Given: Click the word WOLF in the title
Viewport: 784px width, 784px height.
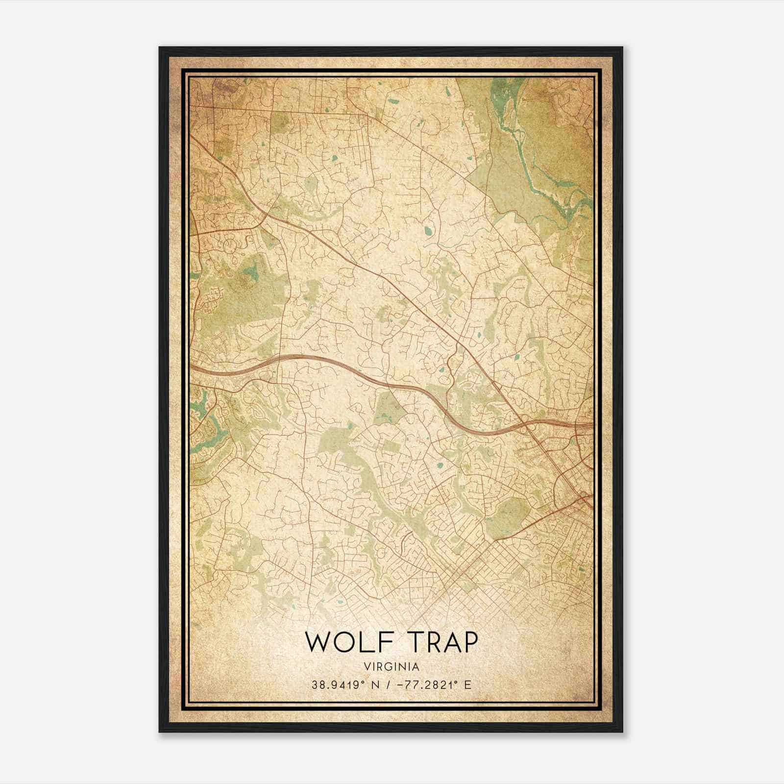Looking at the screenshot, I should [343, 642].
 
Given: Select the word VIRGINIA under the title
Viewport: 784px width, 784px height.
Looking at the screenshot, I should [392, 667].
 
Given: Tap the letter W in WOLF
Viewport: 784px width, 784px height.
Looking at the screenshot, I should [318, 642].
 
